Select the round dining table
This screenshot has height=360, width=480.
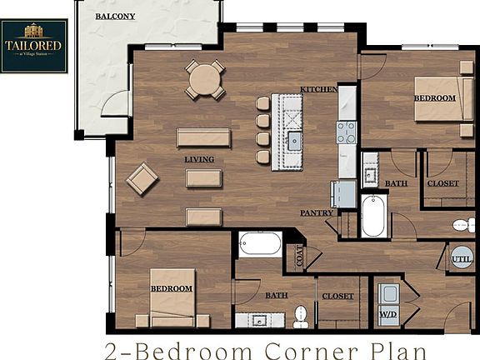pos(205,80)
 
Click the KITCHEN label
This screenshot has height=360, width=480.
pos(318,88)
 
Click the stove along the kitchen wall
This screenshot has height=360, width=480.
pos(346,132)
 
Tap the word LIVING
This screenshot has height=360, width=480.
pos(199,159)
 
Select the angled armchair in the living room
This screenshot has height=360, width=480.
pos(142,178)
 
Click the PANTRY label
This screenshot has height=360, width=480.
pos(317,212)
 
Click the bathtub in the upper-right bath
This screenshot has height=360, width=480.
pos(372,216)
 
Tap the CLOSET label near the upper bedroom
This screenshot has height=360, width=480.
pos(442,183)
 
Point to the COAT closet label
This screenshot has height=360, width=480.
pos(297,255)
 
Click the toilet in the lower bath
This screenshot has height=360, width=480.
pos(300,315)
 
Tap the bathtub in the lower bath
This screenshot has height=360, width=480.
pos(261,244)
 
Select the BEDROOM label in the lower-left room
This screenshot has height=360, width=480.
pos(171,288)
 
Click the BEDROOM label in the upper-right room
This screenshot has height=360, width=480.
pos(435,98)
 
